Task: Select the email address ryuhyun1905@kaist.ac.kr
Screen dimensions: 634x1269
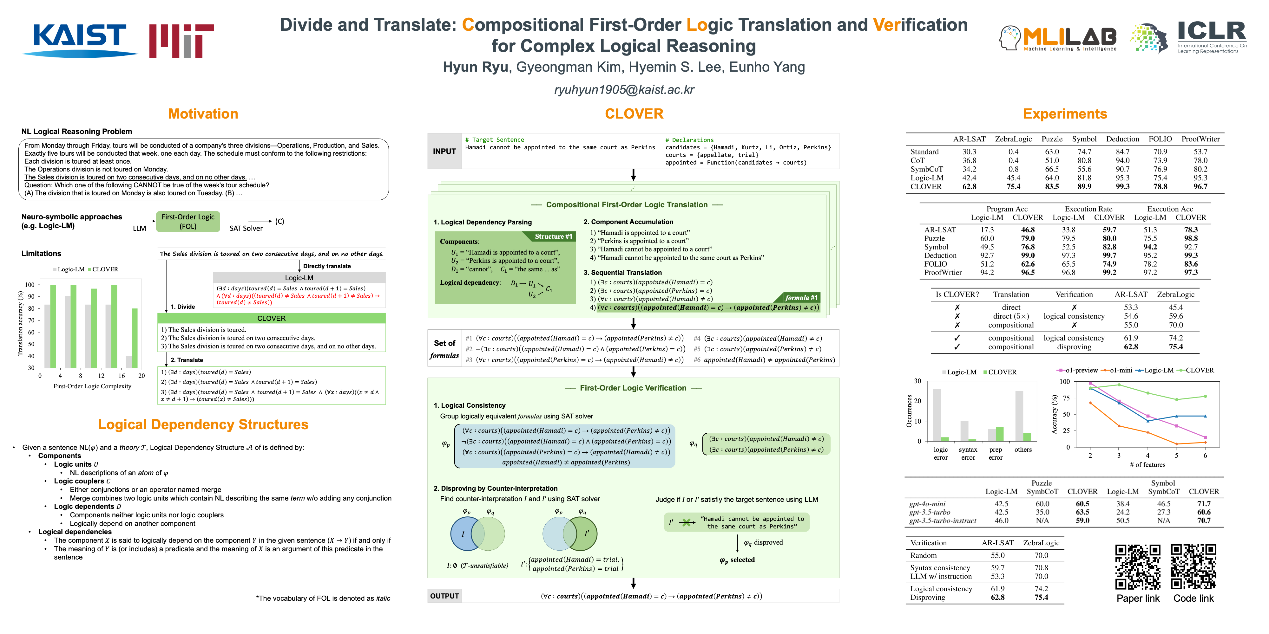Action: tap(624, 90)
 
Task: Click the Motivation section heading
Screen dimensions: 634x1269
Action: tap(203, 114)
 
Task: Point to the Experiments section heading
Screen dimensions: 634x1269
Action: tap(1065, 114)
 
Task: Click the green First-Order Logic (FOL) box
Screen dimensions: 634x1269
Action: tap(188, 222)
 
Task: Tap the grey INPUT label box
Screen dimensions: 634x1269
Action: tap(444, 152)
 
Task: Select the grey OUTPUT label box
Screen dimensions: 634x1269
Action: tap(444, 596)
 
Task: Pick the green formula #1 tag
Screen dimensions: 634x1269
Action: tap(800, 298)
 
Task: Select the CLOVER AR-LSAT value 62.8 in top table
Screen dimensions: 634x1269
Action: tap(969, 187)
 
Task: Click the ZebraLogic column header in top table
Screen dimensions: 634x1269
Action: tap(1013, 139)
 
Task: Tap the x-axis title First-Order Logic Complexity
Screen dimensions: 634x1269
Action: tap(92, 386)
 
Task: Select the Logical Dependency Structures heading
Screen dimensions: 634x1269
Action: tap(203, 424)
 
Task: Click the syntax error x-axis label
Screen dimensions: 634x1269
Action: tap(968, 453)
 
